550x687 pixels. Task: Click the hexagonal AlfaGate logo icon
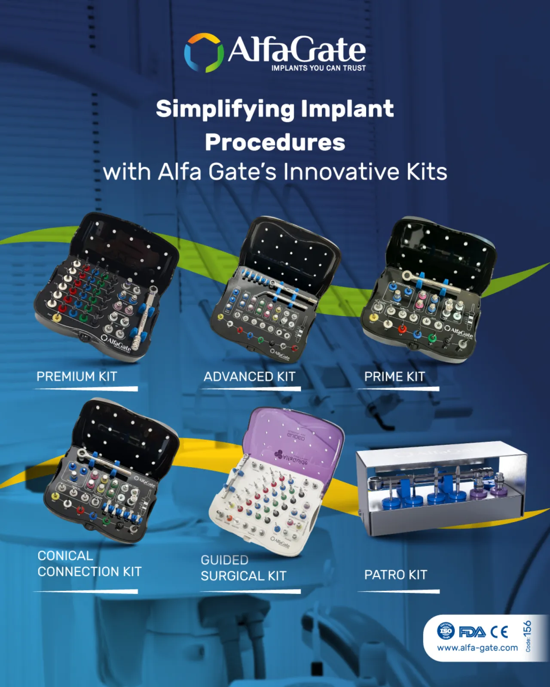204,53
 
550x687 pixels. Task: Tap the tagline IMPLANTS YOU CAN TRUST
318,68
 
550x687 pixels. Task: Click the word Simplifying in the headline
225,109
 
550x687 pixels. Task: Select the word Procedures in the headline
275,142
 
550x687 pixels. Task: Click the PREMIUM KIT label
77,377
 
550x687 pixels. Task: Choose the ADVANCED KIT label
250,377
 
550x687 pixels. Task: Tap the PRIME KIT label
394,377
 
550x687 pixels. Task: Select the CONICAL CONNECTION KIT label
89,564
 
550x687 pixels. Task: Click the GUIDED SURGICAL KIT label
243,568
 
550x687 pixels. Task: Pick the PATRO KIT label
396,575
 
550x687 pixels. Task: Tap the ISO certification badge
446,631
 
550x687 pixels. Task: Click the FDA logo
472,632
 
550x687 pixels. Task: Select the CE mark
499,632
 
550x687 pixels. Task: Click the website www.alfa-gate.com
477,648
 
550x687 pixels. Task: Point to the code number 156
527,629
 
